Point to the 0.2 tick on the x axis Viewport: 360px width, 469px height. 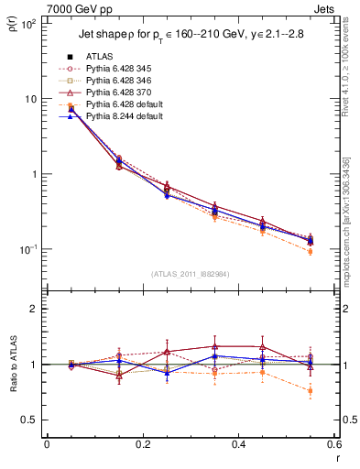(x=143, y=444)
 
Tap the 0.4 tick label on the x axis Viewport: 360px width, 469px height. (x=238, y=444)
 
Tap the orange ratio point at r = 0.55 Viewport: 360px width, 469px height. (x=311, y=391)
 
